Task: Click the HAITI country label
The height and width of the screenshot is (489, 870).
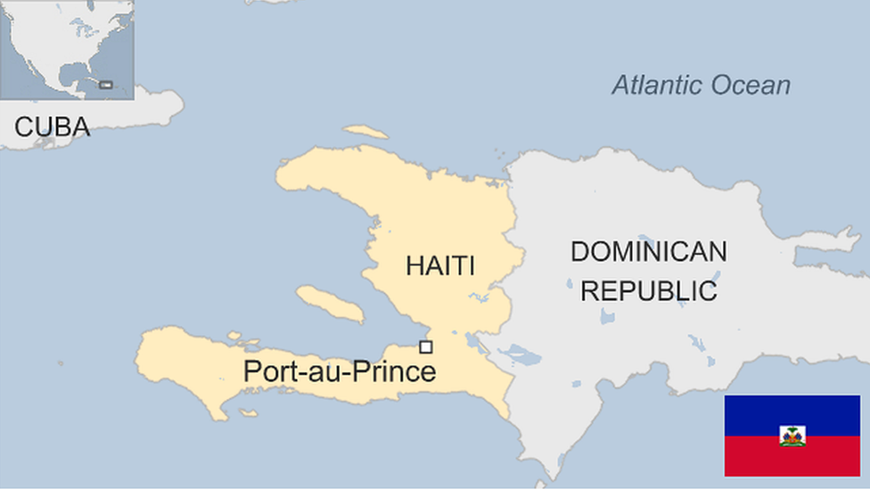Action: point(439,265)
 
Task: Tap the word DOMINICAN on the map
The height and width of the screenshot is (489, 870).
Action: point(648,252)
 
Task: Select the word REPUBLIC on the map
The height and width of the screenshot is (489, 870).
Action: point(648,290)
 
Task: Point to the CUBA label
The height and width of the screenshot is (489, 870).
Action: point(52,127)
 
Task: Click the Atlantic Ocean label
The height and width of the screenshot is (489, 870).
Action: point(701,86)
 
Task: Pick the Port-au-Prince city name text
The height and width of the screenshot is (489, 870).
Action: point(340,371)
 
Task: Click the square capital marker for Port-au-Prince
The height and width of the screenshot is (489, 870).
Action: point(426,347)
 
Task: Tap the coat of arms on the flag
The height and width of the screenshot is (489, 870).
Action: point(792,436)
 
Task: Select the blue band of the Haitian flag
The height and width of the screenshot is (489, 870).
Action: point(792,410)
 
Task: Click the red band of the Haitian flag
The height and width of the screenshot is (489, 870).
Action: point(792,461)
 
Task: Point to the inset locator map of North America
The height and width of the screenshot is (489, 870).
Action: point(67,49)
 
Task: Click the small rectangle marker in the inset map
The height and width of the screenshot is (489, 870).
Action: point(106,85)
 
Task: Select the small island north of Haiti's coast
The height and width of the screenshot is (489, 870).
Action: point(366,132)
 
